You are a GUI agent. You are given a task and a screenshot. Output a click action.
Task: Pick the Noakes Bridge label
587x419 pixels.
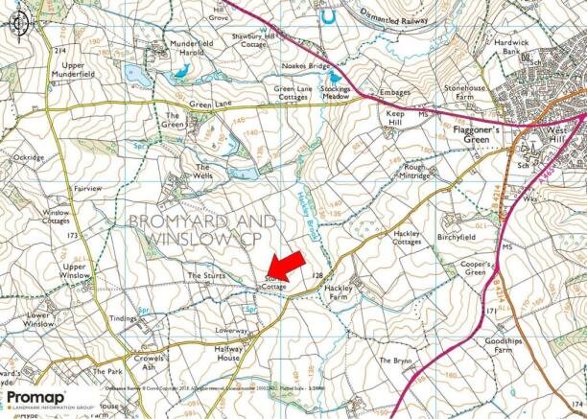[307, 65]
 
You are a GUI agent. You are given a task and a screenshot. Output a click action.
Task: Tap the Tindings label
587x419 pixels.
[124, 318]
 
